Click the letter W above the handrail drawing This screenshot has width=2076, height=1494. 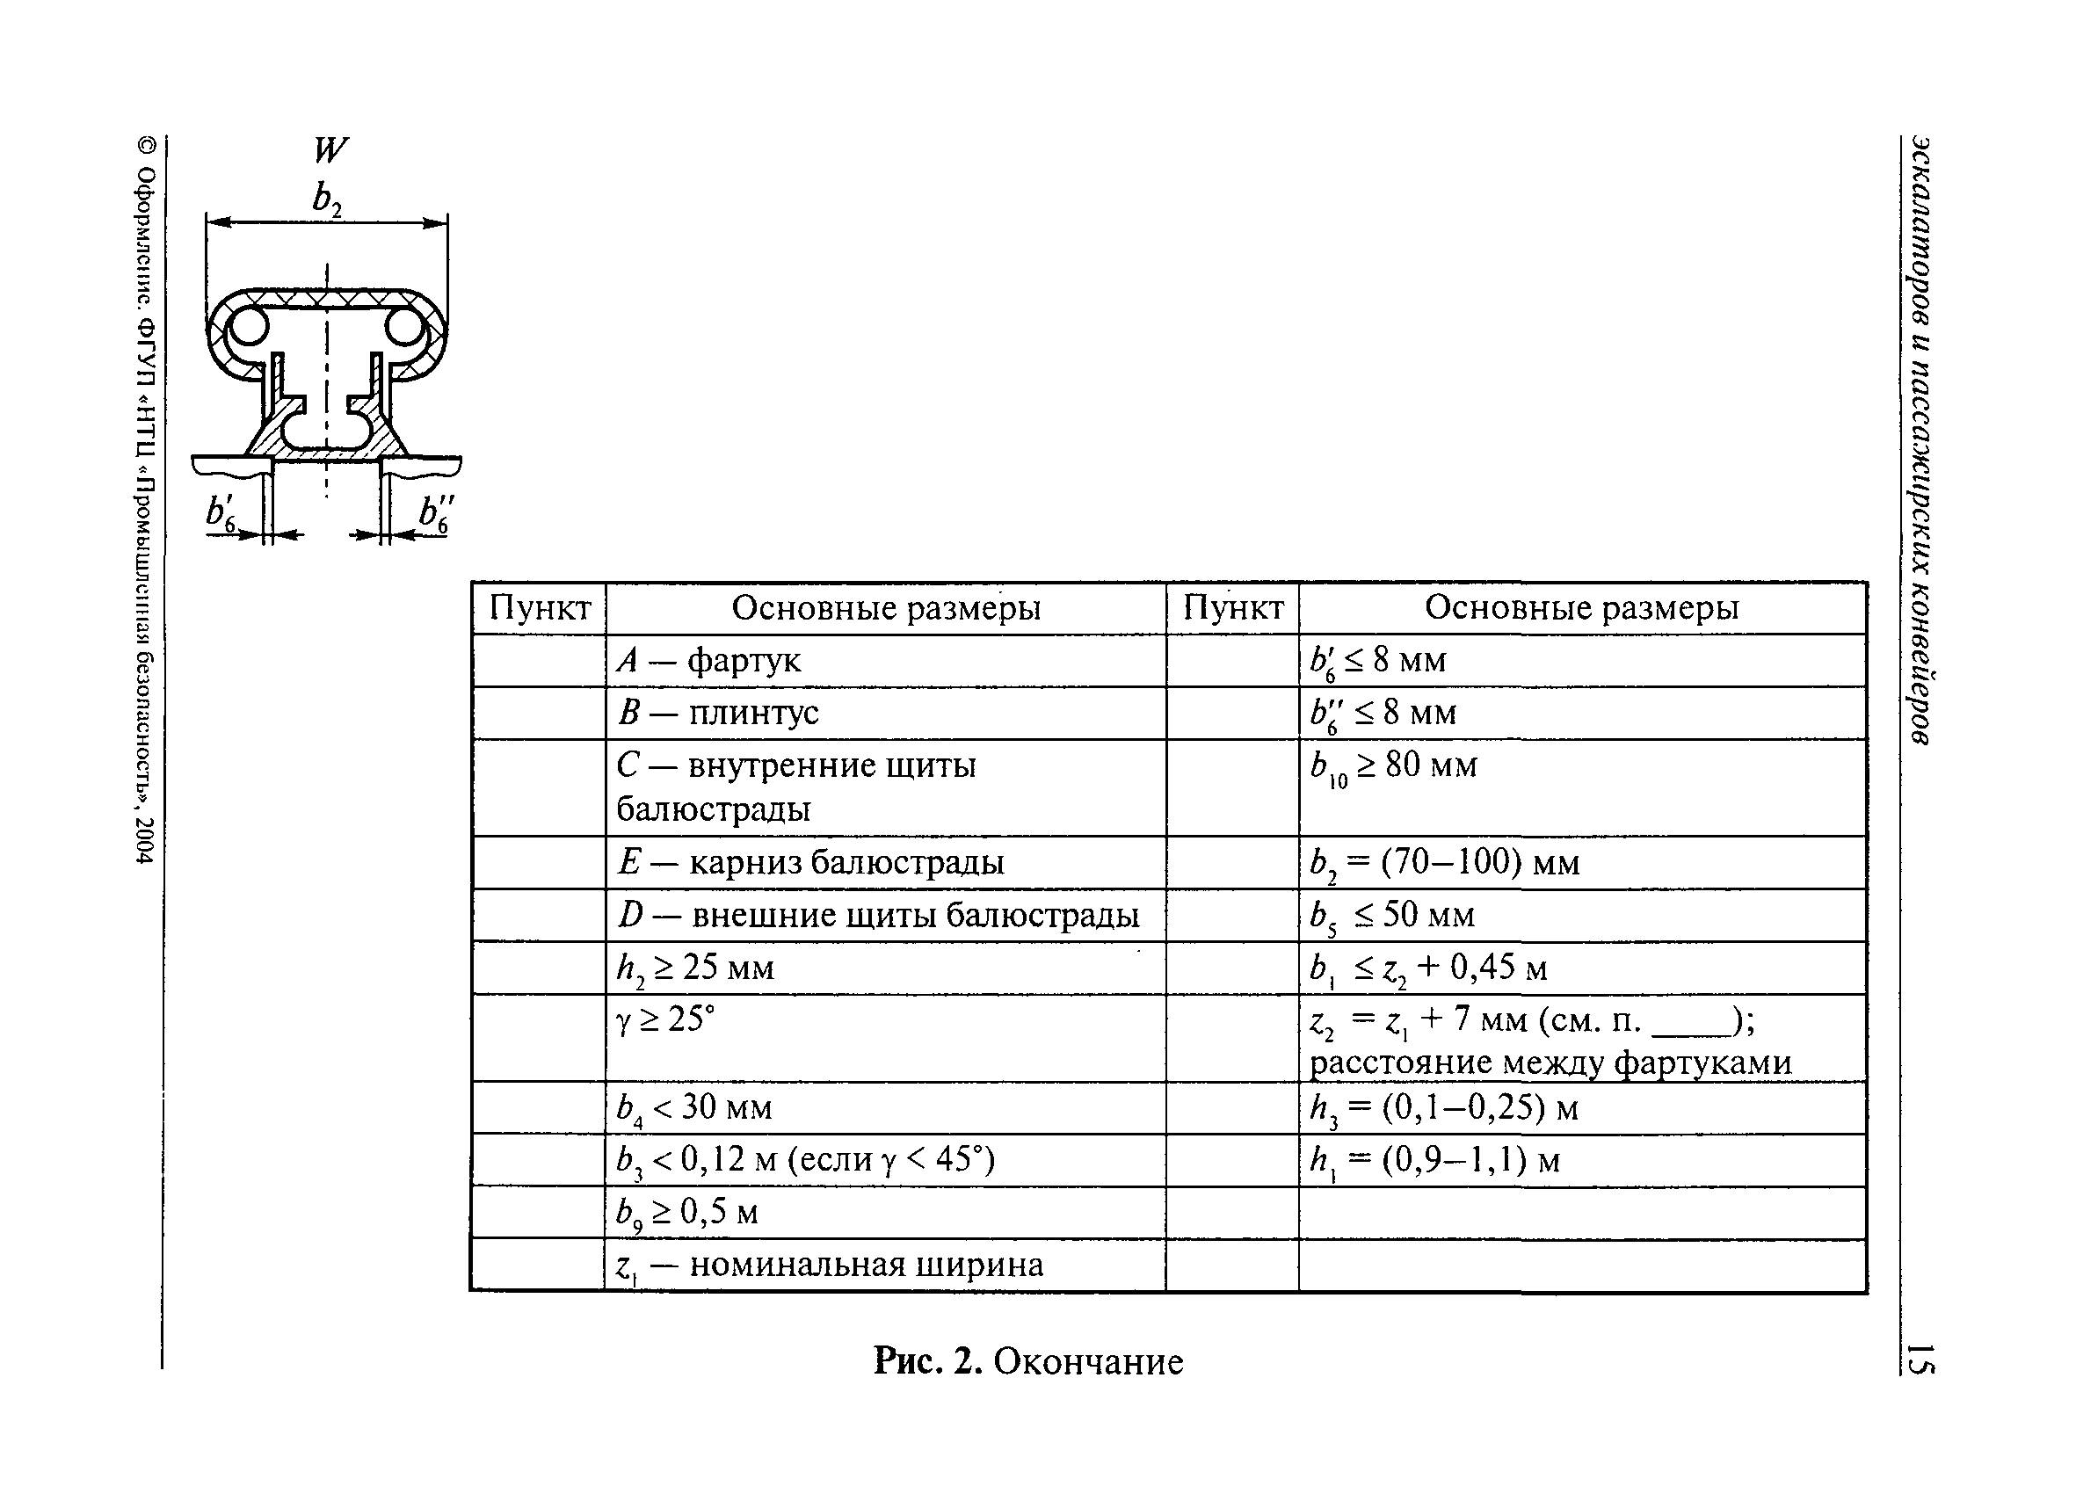click(x=330, y=149)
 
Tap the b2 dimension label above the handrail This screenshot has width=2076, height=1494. click(x=327, y=198)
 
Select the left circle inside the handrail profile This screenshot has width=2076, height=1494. click(x=247, y=327)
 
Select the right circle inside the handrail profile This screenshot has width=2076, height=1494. click(x=404, y=327)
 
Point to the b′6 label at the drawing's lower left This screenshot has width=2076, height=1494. click(x=221, y=514)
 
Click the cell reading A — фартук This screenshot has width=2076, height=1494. click(x=884, y=660)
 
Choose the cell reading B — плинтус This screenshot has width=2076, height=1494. click(x=884, y=712)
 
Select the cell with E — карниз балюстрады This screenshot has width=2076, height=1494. click(x=884, y=861)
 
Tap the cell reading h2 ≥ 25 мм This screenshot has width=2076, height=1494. click(x=884, y=968)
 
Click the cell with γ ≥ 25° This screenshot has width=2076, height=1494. click(x=884, y=1036)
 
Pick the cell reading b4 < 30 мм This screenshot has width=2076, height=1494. click(x=884, y=1107)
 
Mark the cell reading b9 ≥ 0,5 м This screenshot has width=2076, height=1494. click(x=884, y=1212)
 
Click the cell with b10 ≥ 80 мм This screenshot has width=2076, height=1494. click(x=1581, y=786)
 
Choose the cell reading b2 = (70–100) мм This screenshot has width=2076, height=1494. click(x=1581, y=861)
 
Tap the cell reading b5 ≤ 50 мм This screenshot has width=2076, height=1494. click(x=1581, y=915)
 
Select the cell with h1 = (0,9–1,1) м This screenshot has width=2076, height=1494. click(x=1581, y=1160)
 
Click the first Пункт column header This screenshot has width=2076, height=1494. click(x=540, y=608)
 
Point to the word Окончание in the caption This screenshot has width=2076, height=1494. click(x=1087, y=1362)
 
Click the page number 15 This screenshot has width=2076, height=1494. click(x=1920, y=1359)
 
